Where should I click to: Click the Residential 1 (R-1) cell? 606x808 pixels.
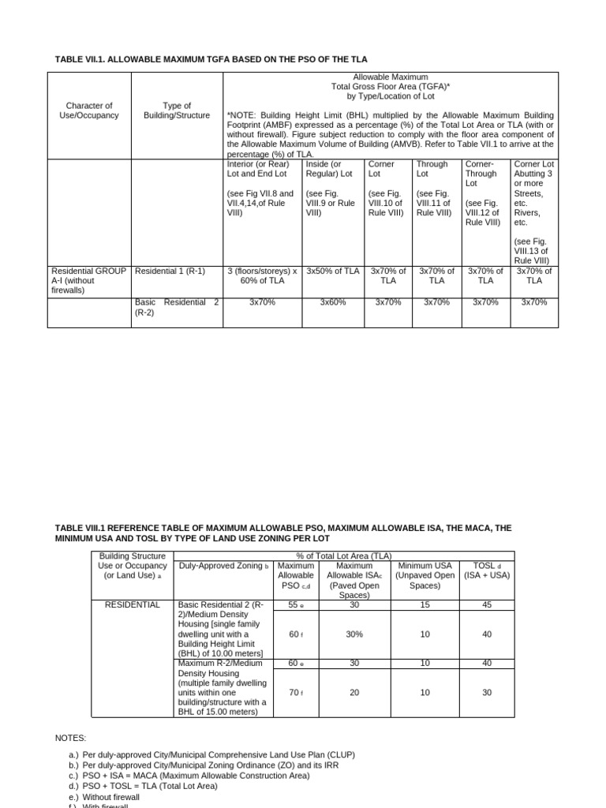tap(170, 271)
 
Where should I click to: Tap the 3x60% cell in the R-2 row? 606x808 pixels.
tap(333, 302)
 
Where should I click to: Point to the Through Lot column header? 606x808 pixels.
tap(432, 169)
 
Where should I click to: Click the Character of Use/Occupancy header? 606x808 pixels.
tap(89, 110)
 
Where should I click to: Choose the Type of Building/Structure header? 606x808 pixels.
tap(177, 110)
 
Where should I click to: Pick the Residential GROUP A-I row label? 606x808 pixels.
tap(88, 280)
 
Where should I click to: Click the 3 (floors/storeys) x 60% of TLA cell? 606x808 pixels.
tap(262, 276)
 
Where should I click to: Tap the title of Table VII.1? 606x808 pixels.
tap(211, 60)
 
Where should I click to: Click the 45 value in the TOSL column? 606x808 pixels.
tap(487, 604)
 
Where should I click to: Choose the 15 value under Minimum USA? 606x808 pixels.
tap(425, 604)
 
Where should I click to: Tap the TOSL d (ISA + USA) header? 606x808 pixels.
tap(487, 570)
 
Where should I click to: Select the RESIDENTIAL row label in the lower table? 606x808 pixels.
tap(133, 604)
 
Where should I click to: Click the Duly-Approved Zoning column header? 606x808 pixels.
tap(224, 566)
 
